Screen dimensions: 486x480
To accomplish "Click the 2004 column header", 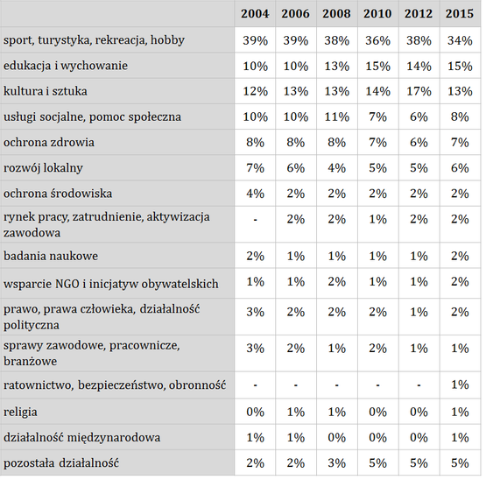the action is point(255,14).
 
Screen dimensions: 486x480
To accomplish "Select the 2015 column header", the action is point(460,14).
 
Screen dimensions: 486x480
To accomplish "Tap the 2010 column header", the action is point(377,14).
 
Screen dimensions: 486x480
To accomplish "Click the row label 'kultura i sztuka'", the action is point(46,91).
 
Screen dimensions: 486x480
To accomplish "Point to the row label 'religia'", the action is point(20,412).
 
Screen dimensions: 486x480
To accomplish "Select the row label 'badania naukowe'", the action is point(51,256).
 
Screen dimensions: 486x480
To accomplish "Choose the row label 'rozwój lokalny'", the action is point(43,168).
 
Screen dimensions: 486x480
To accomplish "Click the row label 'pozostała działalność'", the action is point(61,463).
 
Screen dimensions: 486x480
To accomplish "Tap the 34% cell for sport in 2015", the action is point(460,40).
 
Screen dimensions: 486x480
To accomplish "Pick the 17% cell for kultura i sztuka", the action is point(419,91).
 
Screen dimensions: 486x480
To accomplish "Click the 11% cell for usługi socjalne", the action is point(336,116).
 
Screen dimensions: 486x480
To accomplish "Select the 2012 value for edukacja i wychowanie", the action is point(419,66).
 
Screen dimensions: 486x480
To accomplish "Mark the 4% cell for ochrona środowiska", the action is point(255,194).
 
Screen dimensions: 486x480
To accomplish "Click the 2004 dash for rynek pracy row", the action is point(255,220).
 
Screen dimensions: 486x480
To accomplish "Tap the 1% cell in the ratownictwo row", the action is point(460,385).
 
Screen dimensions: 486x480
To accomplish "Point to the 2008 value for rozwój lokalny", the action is point(336,168).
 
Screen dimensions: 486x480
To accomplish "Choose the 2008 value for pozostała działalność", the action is point(336,463).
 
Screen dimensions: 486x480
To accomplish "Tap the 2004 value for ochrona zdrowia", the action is point(255,143).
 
